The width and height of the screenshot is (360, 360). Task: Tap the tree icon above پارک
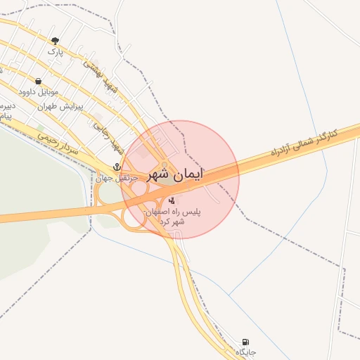(56, 41)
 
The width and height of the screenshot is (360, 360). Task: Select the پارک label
(56, 51)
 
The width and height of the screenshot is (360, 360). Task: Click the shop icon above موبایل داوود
(38, 82)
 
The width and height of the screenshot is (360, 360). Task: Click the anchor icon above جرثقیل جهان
(117, 167)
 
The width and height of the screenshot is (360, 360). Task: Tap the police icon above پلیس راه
(172, 200)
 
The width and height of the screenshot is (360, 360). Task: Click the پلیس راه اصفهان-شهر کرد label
(172, 216)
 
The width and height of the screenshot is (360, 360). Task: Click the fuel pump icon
(245, 341)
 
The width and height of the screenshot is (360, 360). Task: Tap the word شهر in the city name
(159, 174)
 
